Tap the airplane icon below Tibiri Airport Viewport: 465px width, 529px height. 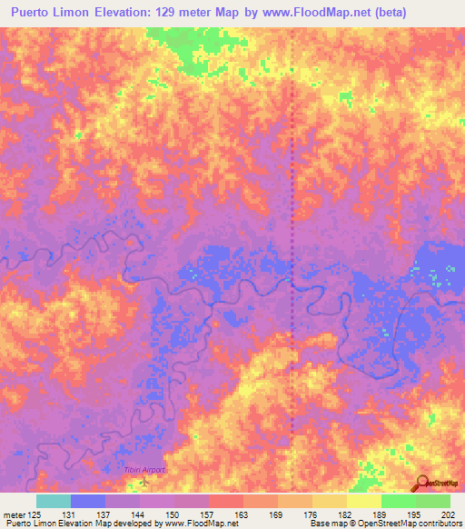143,480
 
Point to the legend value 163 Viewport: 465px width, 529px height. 242,514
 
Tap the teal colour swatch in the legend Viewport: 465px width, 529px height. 53,501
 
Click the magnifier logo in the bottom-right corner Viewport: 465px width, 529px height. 423,483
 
